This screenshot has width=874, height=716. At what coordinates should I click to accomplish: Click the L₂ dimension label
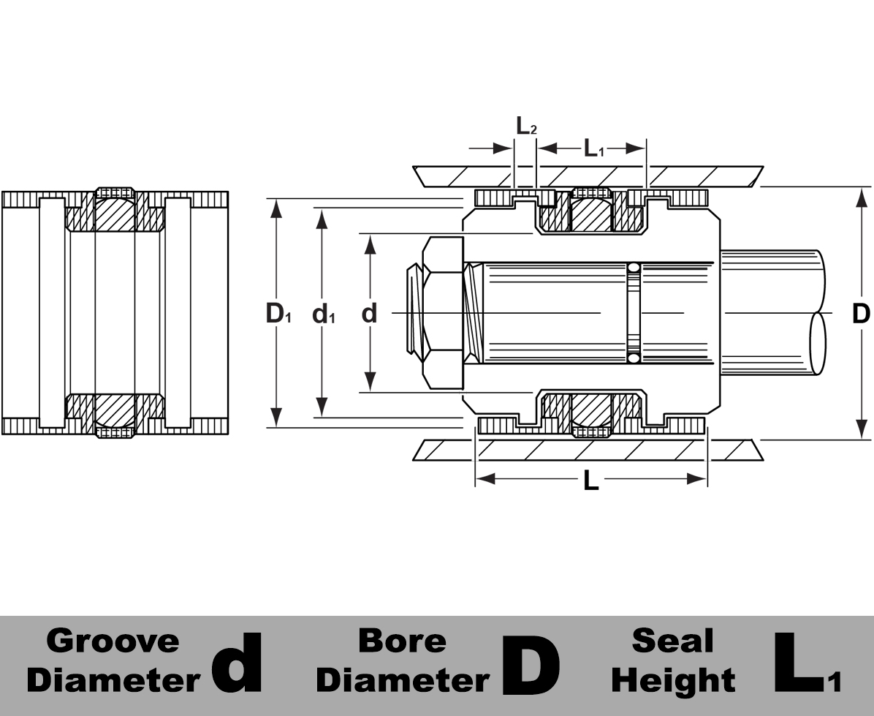[x=526, y=126]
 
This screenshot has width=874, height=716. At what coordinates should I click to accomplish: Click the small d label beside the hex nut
[x=370, y=313]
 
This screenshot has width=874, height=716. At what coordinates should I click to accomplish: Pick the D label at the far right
[x=862, y=313]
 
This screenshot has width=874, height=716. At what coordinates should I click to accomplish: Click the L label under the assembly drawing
[x=590, y=481]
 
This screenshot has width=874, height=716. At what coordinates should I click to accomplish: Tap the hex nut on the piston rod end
[x=443, y=313]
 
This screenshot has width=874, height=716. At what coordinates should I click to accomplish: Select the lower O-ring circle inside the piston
[x=634, y=359]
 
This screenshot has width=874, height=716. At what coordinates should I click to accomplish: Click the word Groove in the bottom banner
[x=113, y=641]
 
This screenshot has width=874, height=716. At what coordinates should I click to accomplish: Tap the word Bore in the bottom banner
[x=402, y=641]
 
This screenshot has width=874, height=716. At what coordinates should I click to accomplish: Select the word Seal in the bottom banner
[x=672, y=641]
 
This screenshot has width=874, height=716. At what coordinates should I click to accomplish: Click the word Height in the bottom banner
[x=673, y=680]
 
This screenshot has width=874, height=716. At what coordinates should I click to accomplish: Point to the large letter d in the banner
[x=235, y=663]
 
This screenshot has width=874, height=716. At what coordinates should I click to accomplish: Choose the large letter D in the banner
[x=531, y=665]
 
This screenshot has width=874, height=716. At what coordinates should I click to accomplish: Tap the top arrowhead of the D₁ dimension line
[x=275, y=207]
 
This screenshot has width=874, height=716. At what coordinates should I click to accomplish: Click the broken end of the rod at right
[x=818, y=344]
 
